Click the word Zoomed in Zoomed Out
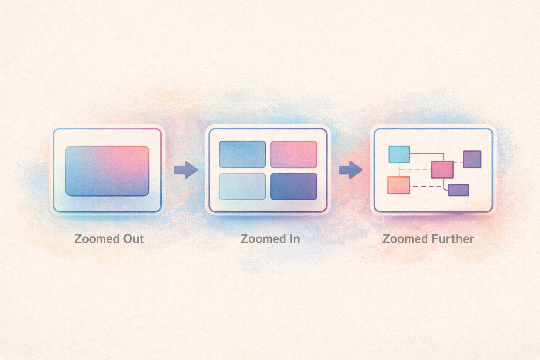92,239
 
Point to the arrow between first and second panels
186,170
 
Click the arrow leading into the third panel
351,170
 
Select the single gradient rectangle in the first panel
107,171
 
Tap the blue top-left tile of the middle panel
242,154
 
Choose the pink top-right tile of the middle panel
294,154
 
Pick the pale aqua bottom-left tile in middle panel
242,187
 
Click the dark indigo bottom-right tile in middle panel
294,187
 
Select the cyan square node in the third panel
399,154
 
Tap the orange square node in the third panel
399,185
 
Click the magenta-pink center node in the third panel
442,169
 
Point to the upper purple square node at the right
472,159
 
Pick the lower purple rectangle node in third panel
458,190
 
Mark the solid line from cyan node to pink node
425,154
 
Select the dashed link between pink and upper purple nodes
458,162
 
